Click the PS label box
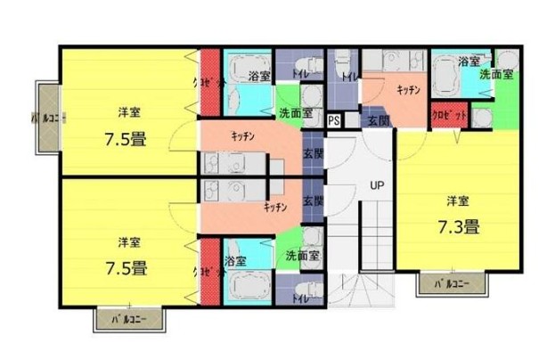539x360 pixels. [334, 119]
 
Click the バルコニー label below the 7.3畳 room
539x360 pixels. [453, 284]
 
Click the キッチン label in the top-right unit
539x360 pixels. [408, 91]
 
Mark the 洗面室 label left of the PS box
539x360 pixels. [295, 114]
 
